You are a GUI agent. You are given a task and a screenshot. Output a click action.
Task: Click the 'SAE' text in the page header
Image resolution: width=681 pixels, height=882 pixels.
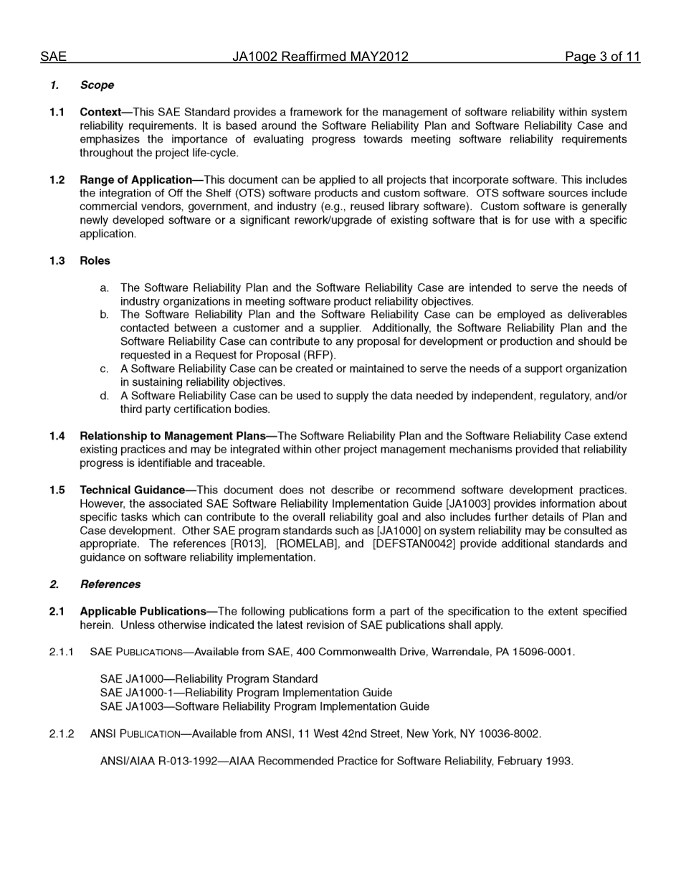53,57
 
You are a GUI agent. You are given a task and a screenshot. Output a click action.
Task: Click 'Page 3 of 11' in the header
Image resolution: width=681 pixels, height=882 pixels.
602,57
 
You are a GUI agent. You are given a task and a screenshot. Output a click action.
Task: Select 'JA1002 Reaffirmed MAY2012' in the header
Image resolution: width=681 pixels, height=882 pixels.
320,57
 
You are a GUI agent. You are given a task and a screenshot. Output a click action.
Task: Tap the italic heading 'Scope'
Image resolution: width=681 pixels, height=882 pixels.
97,85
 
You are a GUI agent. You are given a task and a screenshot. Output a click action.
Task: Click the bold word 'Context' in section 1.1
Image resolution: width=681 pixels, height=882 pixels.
100,113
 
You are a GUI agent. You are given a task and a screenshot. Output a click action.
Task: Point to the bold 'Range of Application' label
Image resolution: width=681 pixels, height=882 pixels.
135,180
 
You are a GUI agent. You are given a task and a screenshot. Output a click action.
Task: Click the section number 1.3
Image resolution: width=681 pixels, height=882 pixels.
57,261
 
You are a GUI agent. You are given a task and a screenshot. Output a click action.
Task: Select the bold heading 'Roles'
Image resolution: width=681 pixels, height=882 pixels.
95,261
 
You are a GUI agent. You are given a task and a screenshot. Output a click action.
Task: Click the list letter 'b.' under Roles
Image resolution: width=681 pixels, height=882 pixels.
105,315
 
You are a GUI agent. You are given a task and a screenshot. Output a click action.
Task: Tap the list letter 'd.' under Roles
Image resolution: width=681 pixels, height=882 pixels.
105,396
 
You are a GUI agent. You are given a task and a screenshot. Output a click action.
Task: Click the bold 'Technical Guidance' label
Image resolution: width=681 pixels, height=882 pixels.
132,490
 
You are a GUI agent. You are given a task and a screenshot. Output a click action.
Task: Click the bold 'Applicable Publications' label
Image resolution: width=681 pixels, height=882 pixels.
143,612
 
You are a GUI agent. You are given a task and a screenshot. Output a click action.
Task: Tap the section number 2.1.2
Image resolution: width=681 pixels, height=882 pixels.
62,734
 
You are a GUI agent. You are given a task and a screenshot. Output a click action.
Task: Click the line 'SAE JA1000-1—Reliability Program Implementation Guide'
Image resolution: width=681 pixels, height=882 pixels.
246,693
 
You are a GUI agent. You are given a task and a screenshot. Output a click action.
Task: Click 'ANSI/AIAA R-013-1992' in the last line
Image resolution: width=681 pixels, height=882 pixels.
158,762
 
